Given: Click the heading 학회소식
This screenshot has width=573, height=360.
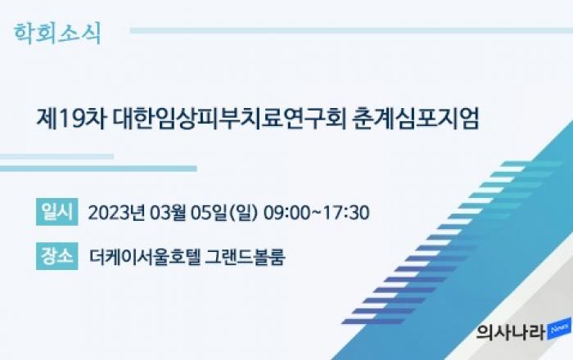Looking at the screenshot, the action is click(x=57, y=34).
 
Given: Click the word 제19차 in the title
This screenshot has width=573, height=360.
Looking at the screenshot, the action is click(x=71, y=119).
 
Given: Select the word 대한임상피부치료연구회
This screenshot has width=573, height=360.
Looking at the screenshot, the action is click(x=229, y=119).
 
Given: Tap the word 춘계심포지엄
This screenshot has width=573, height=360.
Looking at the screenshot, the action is click(x=416, y=119).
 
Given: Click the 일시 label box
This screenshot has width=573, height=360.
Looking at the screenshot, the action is click(x=57, y=212).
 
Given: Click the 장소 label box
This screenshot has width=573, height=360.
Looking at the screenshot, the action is click(x=57, y=256).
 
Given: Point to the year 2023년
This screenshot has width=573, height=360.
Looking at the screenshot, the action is click(x=116, y=213).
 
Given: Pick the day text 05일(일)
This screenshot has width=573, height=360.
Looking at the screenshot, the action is click(x=224, y=213).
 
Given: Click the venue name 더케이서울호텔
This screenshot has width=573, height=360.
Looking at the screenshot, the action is click(x=145, y=257).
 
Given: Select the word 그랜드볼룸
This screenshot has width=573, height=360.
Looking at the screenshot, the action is click(x=245, y=257).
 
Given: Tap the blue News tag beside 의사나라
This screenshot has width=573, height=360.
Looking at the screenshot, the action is click(x=560, y=329).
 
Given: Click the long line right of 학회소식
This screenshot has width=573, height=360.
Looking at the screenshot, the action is click(x=351, y=30).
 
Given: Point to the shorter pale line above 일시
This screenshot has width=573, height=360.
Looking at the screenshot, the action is click(x=56, y=156).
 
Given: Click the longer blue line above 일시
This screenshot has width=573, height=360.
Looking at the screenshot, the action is click(x=98, y=169).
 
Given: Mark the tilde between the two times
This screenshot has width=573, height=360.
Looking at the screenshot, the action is click(x=317, y=213).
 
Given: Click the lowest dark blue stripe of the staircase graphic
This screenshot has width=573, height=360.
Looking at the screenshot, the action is click(x=373, y=322).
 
